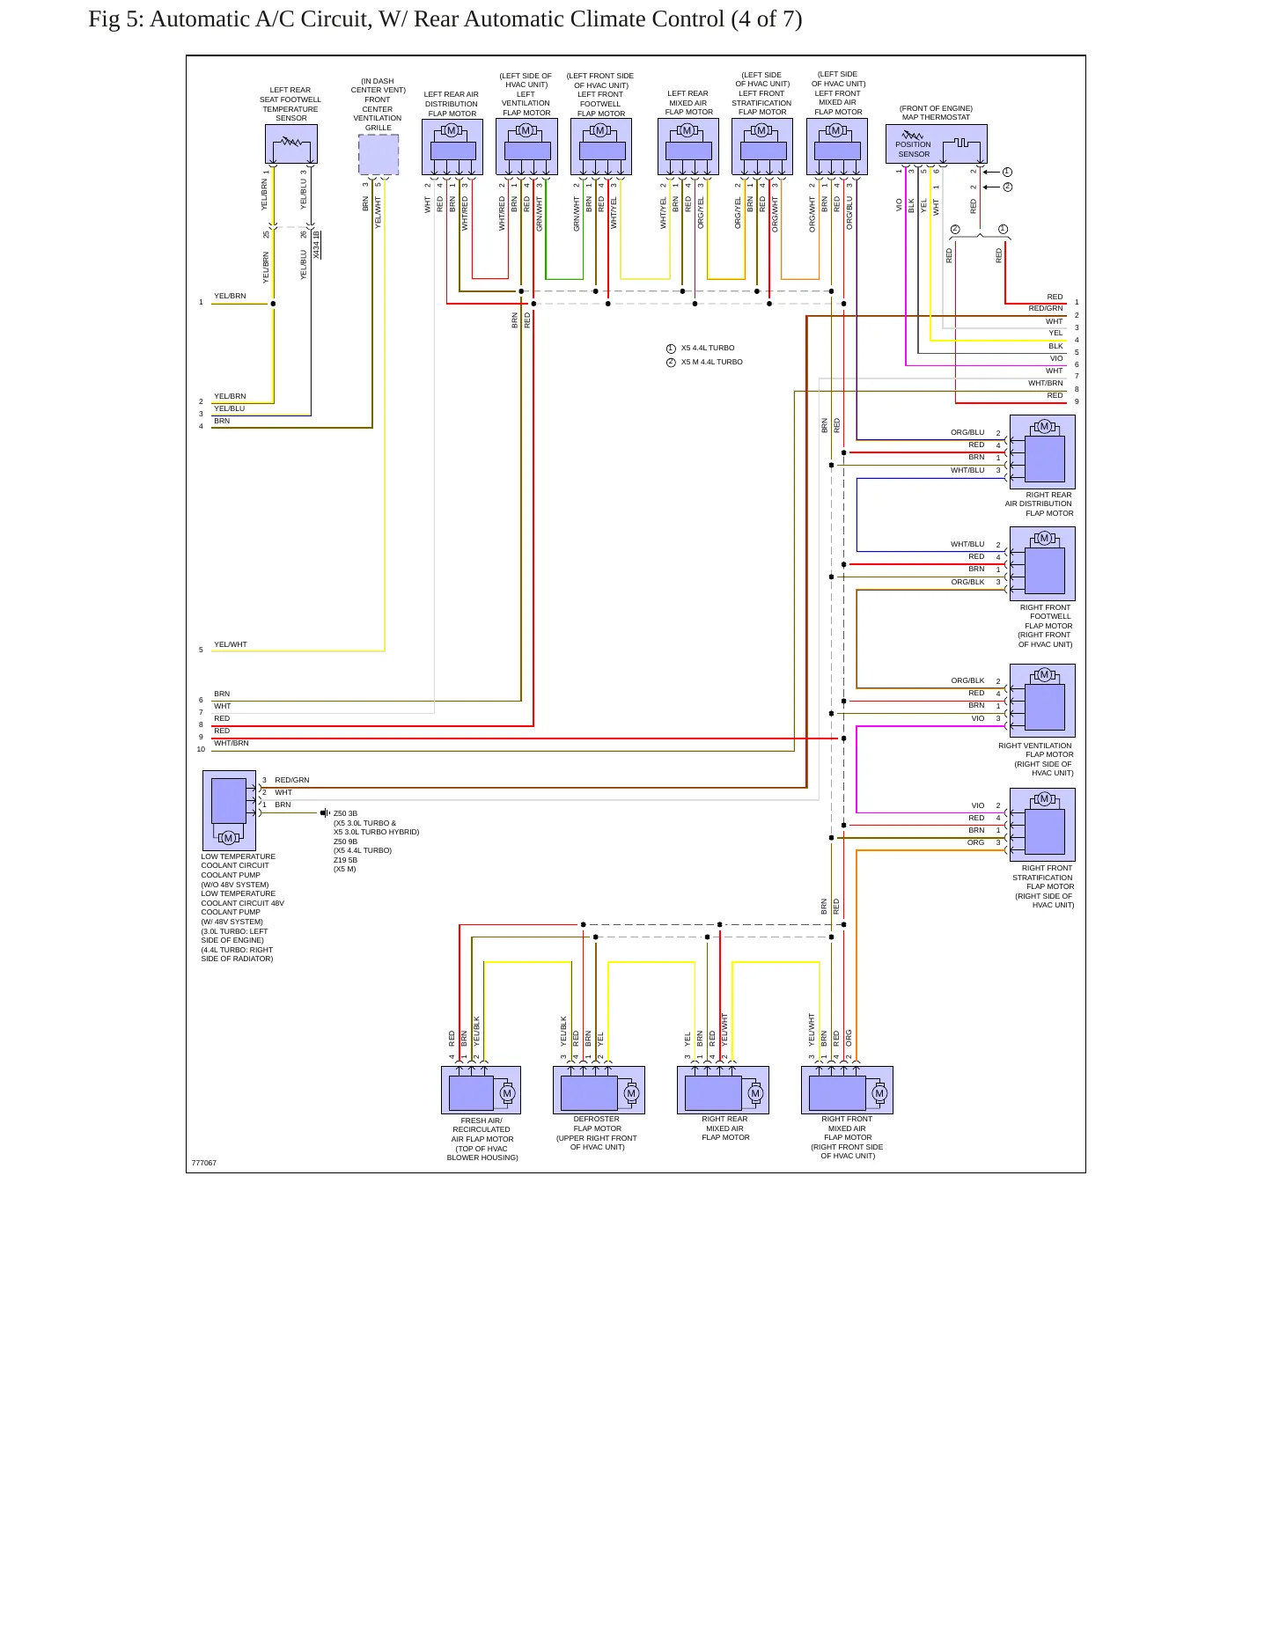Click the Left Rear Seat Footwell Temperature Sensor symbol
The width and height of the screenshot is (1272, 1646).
(291, 143)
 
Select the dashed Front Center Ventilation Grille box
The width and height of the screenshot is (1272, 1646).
(379, 155)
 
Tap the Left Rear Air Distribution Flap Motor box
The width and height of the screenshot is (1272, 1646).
(452, 147)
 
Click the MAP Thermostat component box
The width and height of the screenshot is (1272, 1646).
(936, 143)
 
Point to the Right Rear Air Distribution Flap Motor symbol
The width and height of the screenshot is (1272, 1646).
(1042, 452)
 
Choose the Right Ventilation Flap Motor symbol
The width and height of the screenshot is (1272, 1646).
(1042, 701)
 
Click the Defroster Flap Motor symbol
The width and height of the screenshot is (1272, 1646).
(599, 1090)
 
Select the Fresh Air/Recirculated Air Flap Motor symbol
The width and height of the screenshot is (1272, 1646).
(481, 1090)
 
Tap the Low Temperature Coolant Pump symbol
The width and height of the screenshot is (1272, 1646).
(229, 811)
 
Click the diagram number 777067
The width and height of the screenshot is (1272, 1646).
(204, 1163)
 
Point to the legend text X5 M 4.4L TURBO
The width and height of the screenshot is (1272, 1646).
(712, 362)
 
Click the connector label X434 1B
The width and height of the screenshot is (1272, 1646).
(317, 245)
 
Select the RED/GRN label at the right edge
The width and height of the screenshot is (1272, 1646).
(1046, 309)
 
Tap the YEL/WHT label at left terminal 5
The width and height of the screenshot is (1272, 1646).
(231, 644)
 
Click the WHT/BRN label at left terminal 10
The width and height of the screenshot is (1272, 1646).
(232, 743)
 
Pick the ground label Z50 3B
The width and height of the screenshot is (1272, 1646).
(346, 813)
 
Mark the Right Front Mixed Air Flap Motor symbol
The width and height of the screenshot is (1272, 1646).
(847, 1090)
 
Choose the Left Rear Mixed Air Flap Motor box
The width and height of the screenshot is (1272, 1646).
(688, 147)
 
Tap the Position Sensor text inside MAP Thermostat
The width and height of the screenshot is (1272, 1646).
(914, 149)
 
